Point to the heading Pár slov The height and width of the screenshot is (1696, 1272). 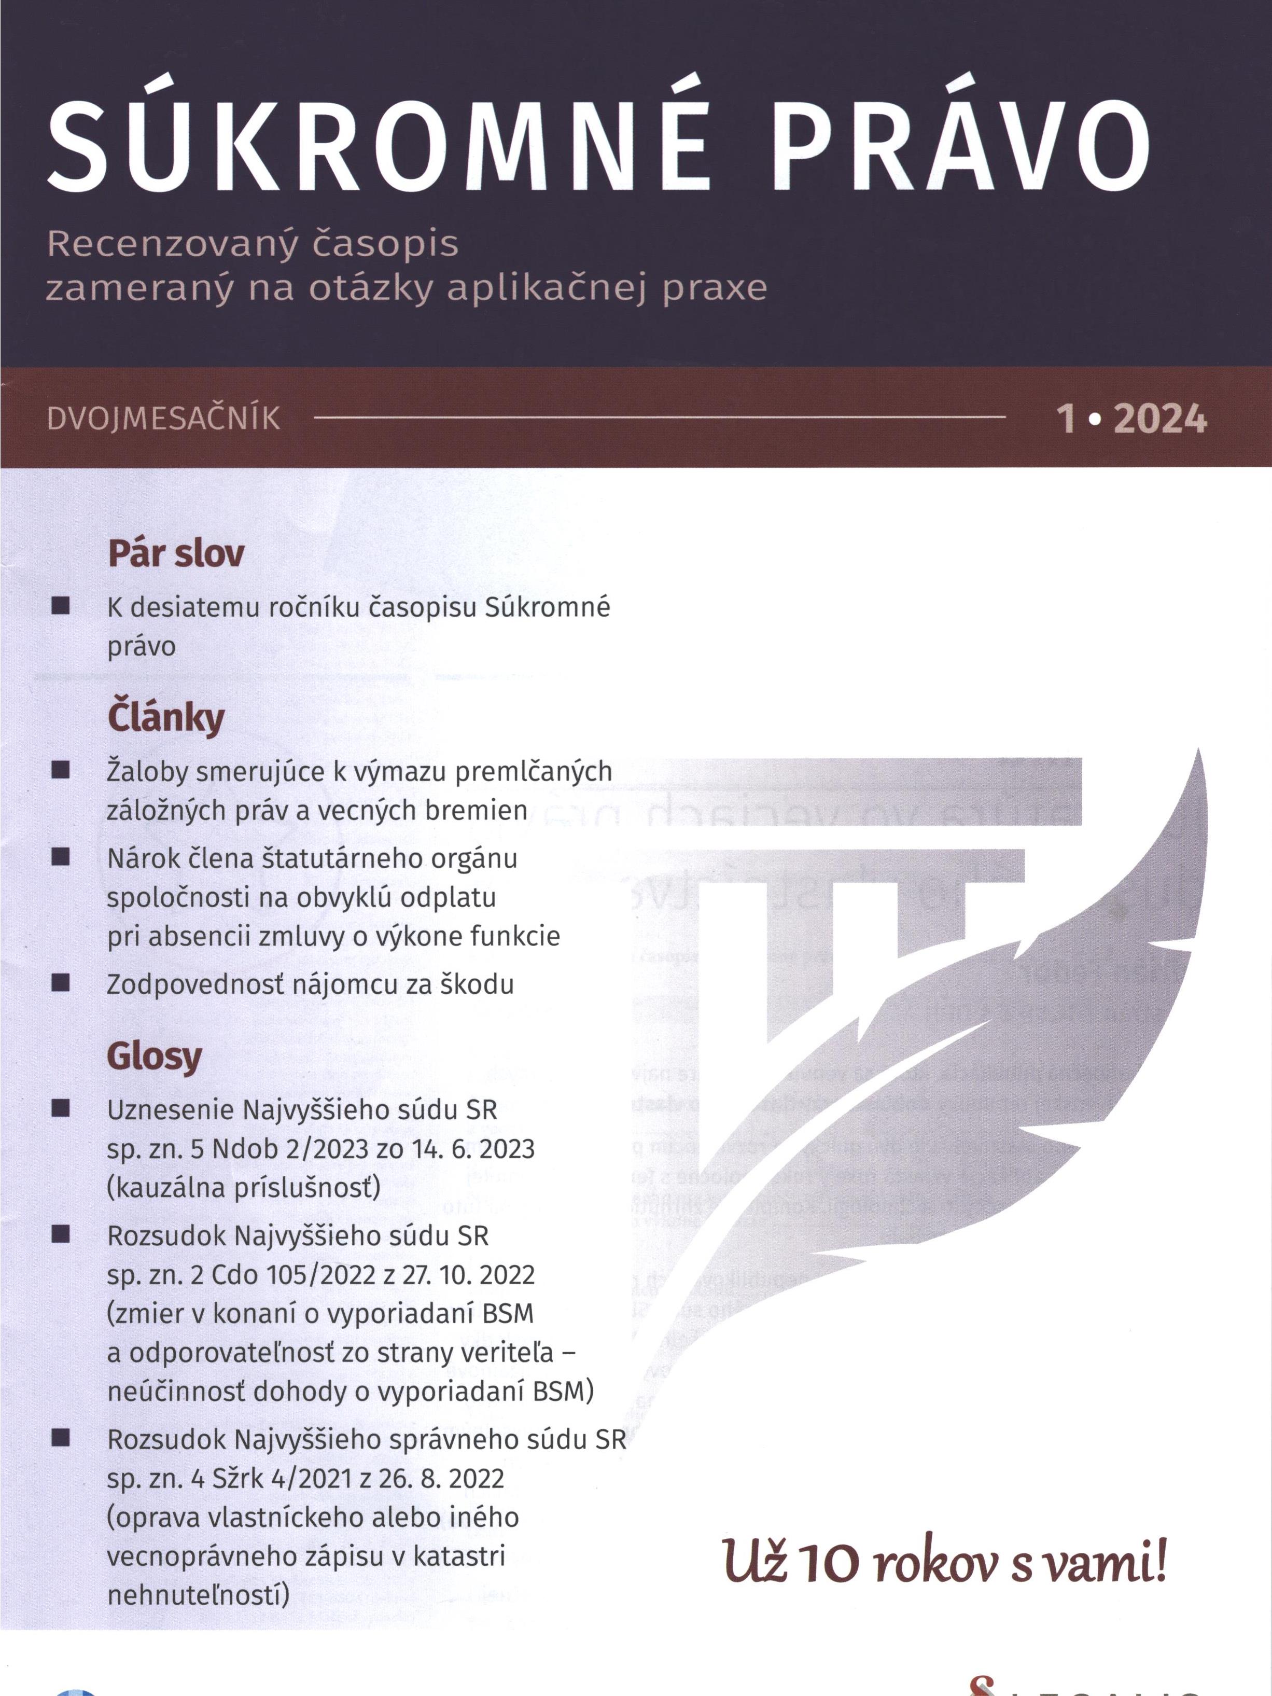[x=176, y=553]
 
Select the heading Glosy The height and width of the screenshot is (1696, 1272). [x=154, y=1056]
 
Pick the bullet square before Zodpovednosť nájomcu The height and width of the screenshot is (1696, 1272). [x=61, y=983]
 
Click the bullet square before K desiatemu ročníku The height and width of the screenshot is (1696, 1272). [x=61, y=606]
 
